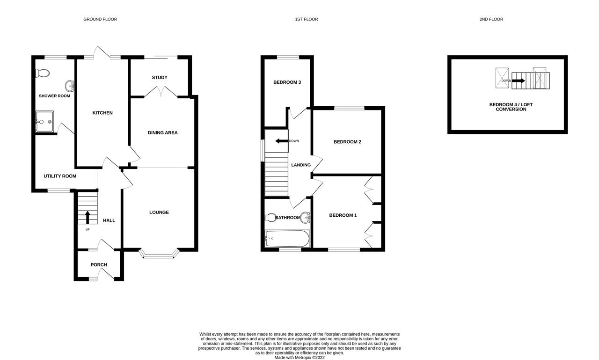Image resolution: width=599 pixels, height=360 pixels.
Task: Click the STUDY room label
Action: pos(160,78)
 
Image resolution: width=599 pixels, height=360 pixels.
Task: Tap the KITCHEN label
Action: pos(102,113)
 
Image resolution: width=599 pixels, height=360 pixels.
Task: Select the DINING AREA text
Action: pos(163,132)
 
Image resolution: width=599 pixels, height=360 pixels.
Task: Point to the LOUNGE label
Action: pos(159,213)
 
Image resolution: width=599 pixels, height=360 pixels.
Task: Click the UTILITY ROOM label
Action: pos(60,176)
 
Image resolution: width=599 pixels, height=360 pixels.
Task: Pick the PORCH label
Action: pos(99,265)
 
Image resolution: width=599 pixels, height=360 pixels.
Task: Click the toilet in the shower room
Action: pos(43,73)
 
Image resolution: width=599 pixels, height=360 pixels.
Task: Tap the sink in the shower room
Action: pos(70,86)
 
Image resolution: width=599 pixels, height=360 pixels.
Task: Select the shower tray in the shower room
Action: pos(44,121)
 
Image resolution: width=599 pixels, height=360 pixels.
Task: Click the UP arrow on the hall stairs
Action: pos(88,218)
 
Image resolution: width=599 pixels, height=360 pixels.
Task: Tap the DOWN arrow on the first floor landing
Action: pos(281,141)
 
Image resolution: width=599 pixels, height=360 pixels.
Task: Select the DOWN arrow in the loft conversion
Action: pos(518,81)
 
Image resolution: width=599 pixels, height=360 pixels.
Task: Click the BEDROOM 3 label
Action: pos(287,82)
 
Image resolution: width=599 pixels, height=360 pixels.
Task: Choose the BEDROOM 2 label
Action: pos(347,142)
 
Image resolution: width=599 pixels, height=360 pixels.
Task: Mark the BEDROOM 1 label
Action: pos(343,215)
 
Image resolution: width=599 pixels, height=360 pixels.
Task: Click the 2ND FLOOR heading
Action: pos(491,19)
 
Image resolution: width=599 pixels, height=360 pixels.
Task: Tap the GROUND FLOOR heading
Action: pos(100,19)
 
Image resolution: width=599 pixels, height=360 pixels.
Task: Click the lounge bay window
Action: pos(159,256)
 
